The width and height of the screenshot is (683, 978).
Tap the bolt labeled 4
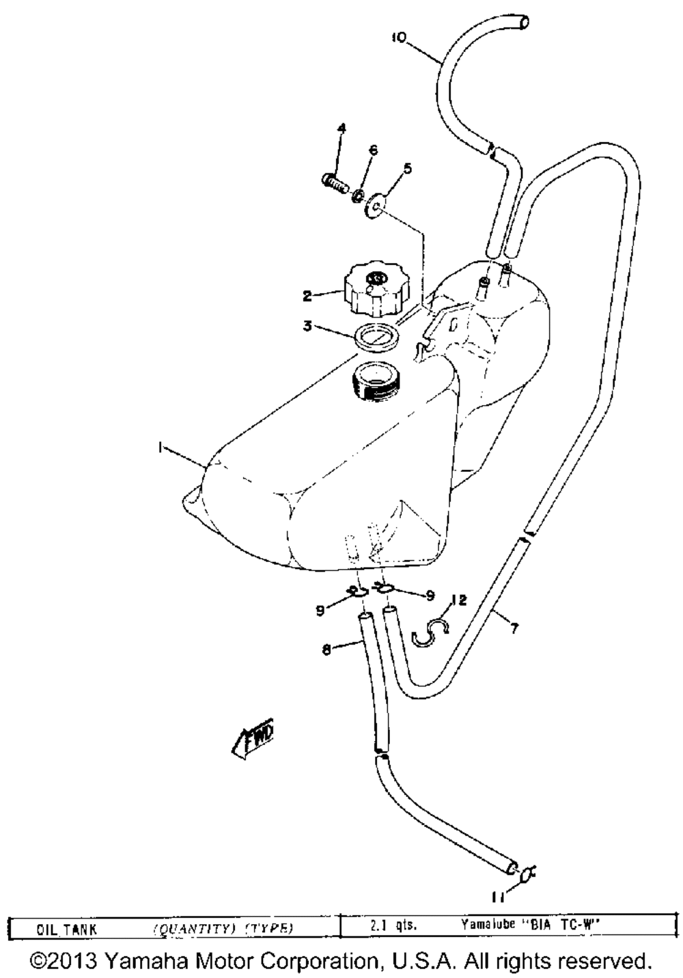[x=334, y=182]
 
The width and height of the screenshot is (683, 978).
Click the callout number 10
[x=399, y=38]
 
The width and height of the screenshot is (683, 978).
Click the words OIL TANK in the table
[x=67, y=928]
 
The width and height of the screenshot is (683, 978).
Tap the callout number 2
[x=307, y=296]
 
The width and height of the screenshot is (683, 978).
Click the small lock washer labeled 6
[x=357, y=197]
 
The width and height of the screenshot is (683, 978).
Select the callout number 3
[x=308, y=326]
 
